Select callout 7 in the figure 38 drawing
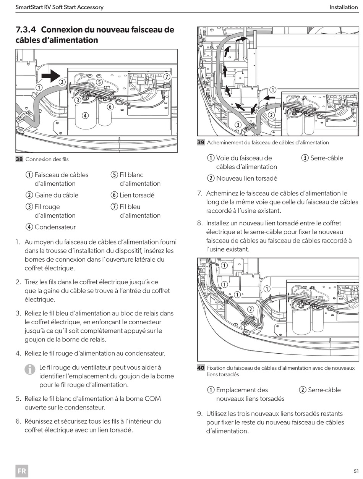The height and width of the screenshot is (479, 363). (x=167, y=76)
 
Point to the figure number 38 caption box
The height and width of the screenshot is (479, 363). (x=19, y=159)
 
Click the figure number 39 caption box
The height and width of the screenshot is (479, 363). (x=201, y=142)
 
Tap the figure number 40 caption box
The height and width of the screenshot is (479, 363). (x=201, y=368)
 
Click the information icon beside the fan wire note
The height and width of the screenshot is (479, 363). (x=29, y=370)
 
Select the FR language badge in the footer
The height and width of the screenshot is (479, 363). (x=22, y=471)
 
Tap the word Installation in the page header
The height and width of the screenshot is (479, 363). (x=344, y=7)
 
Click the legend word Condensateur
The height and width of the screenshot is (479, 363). (x=55, y=227)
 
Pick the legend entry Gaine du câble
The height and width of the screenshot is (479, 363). (x=56, y=195)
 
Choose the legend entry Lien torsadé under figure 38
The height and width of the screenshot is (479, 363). (x=137, y=195)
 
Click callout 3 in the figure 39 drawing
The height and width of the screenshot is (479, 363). (x=238, y=125)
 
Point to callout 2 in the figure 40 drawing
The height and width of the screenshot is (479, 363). (x=251, y=309)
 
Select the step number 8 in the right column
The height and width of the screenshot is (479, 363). (x=199, y=223)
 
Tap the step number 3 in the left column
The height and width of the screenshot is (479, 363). (x=18, y=313)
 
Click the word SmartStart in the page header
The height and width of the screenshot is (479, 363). (x=29, y=7)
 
